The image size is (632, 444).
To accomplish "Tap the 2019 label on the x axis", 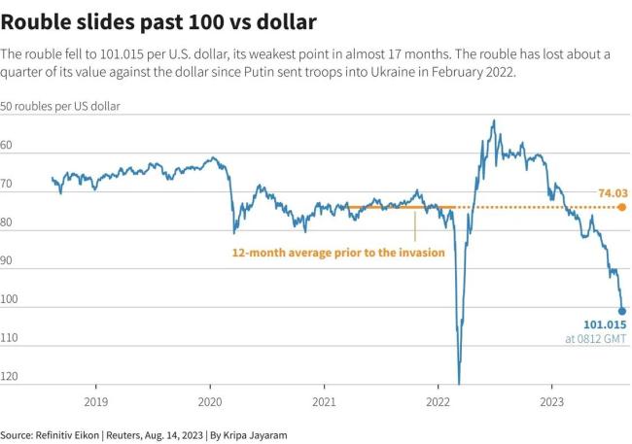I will point(95,400).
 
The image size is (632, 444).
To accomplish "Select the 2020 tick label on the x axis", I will point(211,400).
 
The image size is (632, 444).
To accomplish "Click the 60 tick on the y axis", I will point(9,145).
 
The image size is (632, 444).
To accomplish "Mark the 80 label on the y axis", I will point(9,222).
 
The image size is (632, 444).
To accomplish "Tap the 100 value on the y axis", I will point(12,299).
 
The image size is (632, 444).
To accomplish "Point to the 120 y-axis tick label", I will point(12,376).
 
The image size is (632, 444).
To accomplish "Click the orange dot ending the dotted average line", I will point(622,207).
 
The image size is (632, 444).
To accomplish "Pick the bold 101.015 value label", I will point(603,325).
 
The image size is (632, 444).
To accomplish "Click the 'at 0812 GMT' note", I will point(596,339).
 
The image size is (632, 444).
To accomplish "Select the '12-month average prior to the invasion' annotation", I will point(338,252).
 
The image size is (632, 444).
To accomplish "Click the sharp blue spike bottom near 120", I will point(458,383).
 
